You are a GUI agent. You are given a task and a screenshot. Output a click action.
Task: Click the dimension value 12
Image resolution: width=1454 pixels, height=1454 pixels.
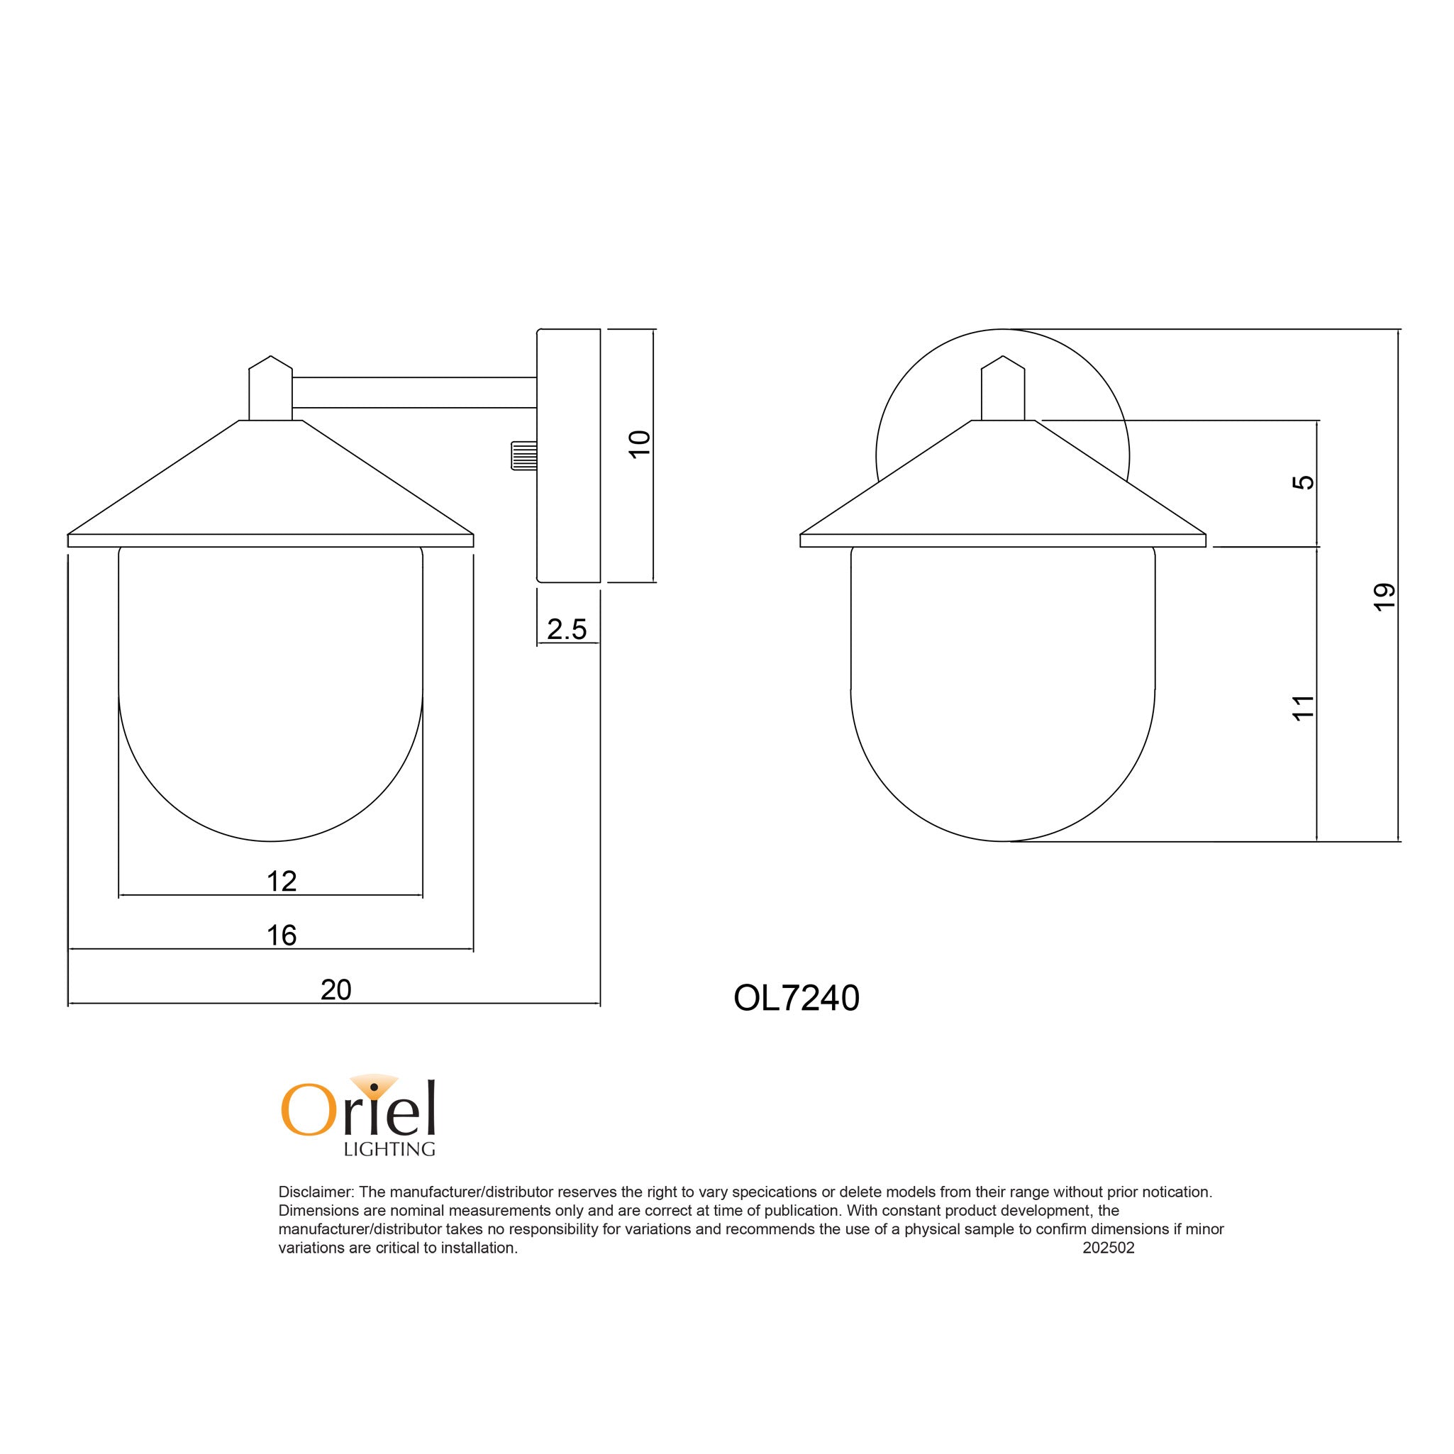[x=282, y=880]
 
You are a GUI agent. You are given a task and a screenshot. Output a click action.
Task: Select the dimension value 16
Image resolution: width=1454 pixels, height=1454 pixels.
[x=282, y=935]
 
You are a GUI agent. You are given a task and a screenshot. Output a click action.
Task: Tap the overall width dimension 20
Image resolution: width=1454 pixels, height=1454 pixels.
[x=335, y=989]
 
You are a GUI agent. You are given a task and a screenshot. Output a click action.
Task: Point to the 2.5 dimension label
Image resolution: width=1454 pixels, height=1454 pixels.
[x=566, y=629]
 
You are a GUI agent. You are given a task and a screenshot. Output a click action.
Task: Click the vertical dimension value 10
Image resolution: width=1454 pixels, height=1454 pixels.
[x=639, y=444]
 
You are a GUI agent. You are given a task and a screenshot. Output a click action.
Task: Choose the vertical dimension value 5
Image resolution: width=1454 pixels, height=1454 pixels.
[x=1303, y=482]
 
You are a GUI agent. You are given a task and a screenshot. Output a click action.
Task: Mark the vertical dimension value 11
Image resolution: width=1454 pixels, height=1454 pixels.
[x=1303, y=707]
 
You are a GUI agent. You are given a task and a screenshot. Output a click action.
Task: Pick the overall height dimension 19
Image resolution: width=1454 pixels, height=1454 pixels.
[x=1384, y=596]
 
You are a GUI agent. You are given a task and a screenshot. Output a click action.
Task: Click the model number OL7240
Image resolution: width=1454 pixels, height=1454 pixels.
[x=796, y=999]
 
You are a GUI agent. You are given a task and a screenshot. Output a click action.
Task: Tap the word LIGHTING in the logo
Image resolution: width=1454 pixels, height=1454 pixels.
[x=389, y=1149]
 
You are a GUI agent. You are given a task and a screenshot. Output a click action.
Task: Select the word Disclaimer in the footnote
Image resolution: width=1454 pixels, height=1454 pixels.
[x=316, y=1192]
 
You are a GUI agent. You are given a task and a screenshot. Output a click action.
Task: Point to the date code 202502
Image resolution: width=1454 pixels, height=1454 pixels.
[x=1108, y=1248]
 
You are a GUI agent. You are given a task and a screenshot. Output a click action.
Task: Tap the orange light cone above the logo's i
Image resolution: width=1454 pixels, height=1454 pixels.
[x=374, y=1082]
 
